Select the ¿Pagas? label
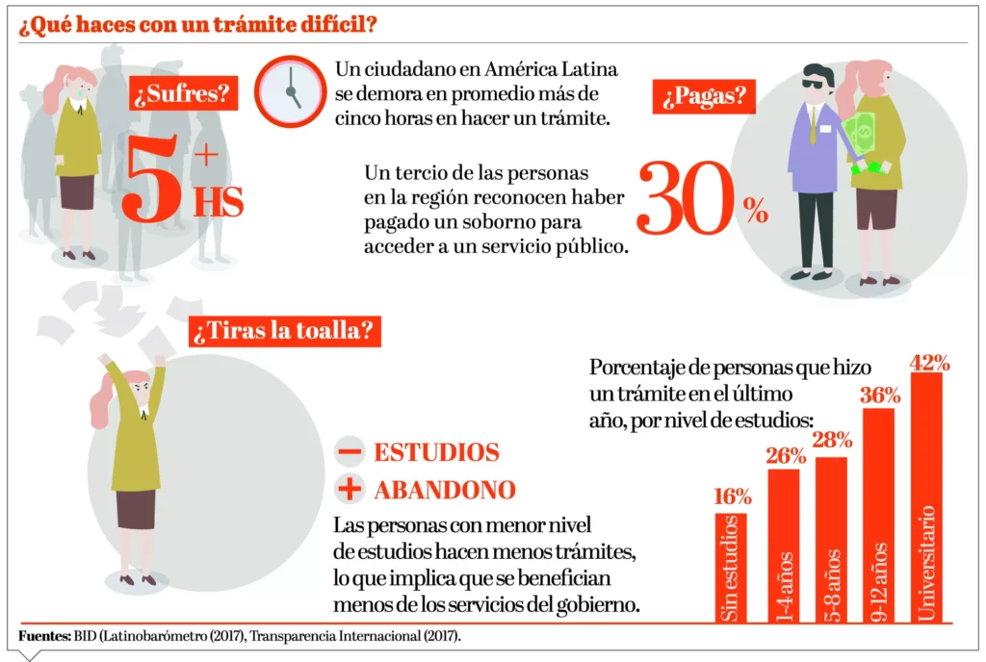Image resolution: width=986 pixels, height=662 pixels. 701,95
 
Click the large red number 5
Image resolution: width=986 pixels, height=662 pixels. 152,179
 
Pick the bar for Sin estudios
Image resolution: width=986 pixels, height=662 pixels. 730,568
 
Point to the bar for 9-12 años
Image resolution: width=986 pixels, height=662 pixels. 878,516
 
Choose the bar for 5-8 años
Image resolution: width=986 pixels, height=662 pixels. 831,539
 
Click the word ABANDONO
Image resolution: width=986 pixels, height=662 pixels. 445,490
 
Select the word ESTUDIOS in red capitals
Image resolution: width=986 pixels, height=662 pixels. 436,451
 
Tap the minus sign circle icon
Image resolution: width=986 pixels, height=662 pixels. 350,451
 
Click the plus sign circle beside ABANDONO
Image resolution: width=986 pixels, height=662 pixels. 350,490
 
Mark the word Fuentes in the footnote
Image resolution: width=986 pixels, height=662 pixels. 43,637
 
